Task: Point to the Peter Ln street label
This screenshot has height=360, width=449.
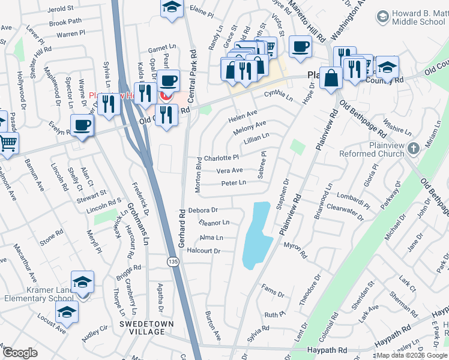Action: click(234, 184)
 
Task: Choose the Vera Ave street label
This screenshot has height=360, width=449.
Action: click(229, 170)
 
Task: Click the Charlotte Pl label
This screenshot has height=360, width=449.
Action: click(221, 158)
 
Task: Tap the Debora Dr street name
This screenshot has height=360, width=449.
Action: click(202, 211)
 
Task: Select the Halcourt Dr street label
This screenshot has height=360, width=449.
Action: click(204, 251)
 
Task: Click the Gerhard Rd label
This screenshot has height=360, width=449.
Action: click(181, 221)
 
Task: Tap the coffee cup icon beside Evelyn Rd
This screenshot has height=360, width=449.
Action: click(81, 125)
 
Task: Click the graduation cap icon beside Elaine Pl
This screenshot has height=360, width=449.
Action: click(172, 8)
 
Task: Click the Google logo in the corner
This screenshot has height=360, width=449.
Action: click(20, 353)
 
